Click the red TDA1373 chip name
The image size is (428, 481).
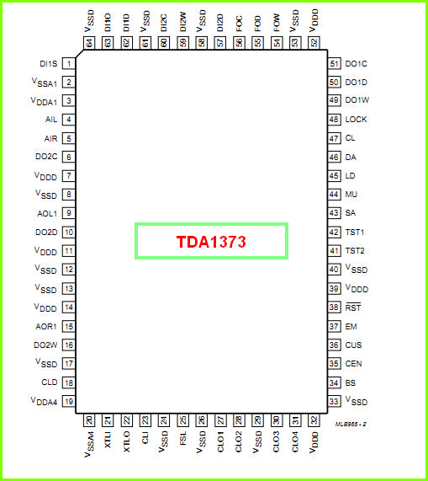pos(211,242)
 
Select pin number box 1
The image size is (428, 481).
pos(69,63)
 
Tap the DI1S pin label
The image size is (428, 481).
pos(49,64)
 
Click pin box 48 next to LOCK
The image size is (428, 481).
pos(334,120)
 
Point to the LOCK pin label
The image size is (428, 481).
pos(356,120)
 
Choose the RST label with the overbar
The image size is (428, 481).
pos(353,307)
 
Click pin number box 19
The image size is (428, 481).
pos(69,401)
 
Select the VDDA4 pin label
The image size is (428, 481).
pos(44,401)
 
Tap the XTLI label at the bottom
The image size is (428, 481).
pos(108,440)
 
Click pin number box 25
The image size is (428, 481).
pos(182,420)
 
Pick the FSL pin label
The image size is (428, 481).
pos(182,438)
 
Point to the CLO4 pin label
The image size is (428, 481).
pos(295,441)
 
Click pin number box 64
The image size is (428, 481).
pos(89,43)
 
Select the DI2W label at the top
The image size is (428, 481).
pos(182,22)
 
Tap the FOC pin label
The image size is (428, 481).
pos(239,24)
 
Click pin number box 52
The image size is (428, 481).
pos(314,43)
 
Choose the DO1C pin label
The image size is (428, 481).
pos(356,64)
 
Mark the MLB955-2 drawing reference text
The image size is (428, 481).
pos(351,425)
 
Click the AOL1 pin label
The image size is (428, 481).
pos(47,213)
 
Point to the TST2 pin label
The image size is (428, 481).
pos(355,251)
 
